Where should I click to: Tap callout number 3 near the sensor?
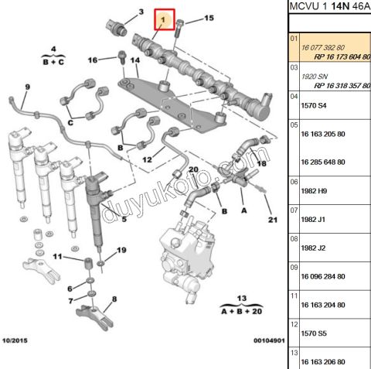140,12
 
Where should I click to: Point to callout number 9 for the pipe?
26,86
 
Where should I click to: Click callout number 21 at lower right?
271,220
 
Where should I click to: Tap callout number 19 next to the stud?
121,251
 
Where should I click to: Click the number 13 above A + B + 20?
240,298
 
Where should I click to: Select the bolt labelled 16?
121,57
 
